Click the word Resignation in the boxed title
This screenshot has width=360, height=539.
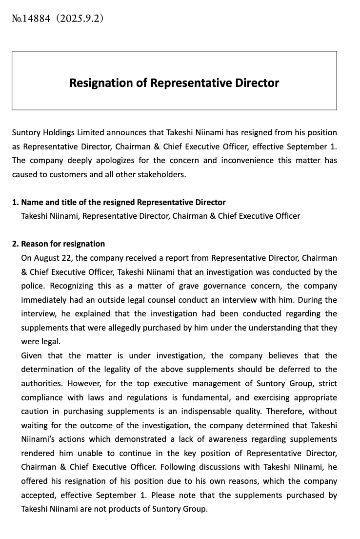tap(100, 83)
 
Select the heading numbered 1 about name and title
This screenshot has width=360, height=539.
tap(119, 202)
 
